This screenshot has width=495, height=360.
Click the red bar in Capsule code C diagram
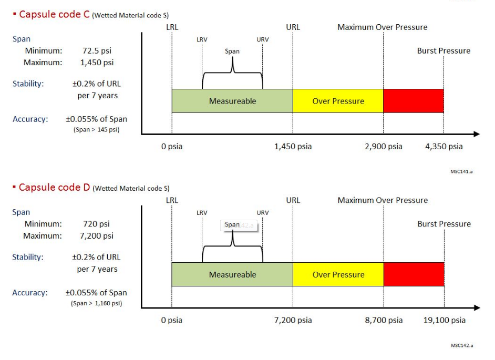click(x=413, y=101)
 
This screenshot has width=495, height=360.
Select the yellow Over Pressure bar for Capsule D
click(x=338, y=274)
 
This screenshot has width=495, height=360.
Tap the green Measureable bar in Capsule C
click(x=232, y=101)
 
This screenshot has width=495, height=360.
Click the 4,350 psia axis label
click(x=444, y=147)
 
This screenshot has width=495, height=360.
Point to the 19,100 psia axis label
click(x=445, y=320)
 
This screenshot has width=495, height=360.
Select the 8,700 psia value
click(x=384, y=320)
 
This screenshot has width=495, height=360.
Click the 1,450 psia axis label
click(x=293, y=147)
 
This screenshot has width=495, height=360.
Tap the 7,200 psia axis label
click(x=293, y=320)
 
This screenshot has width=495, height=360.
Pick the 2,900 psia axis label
click(x=384, y=147)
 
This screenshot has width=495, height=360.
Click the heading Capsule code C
click(x=54, y=14)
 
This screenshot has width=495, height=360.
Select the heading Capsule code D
click(x=55, y=188)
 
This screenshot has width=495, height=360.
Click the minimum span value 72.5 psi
click(x=97, y=51)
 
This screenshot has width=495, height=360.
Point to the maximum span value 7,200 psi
click(x=97, y=236)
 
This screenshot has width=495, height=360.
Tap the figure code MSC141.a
click(x=462, y=172)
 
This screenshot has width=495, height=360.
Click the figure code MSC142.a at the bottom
click(x=462, y=345)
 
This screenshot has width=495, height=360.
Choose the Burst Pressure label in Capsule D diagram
click(x=444, y=224)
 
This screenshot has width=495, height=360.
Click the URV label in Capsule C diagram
click(x=262, y=39)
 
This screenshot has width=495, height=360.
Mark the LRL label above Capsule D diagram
click(x=172, y=200)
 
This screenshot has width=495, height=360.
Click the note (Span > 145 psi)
click(x=97, y=130)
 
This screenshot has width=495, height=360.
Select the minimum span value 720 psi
click(x=97, y=224)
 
